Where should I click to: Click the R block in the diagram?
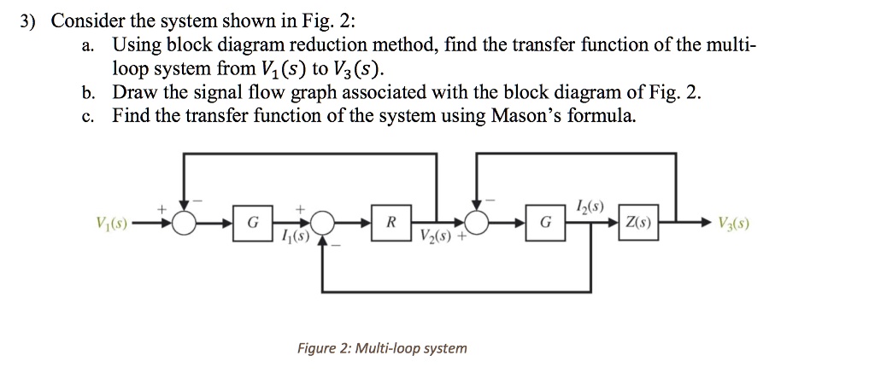pyautogui.click(x=391, y=224)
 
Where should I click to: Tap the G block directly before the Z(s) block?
pyautogui.click(x=547, y=224)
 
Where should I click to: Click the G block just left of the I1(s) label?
pyautogui.click(x=251, y=224)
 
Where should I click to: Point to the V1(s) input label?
pyautogui.click(x=113, y=224)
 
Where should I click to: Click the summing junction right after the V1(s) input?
pyautogui.click(x=184, y=224)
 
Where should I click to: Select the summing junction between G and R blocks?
pyautogui.click(x=322, y=224)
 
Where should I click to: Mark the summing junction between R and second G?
pyautogui.click(x=479, y=224)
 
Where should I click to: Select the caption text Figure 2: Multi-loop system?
pyautogui.click(x=381, y=348)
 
